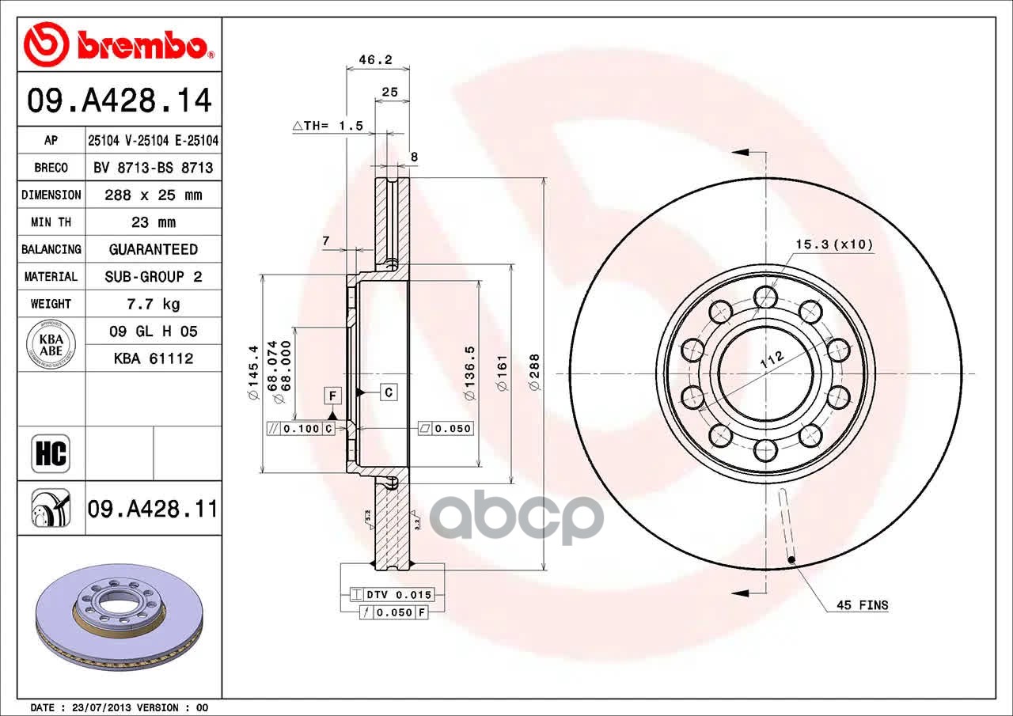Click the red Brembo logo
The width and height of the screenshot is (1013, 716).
119,44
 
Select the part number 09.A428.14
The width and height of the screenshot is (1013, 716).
120,100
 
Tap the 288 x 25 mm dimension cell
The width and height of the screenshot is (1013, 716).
154,195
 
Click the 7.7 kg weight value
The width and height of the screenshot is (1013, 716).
154,304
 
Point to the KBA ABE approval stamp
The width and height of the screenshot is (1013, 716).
51,344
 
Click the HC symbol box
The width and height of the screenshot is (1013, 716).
51,453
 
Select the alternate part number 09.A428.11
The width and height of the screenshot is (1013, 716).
153,509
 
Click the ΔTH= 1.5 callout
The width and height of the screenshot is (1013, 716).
328,125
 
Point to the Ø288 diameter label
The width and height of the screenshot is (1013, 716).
534,372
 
